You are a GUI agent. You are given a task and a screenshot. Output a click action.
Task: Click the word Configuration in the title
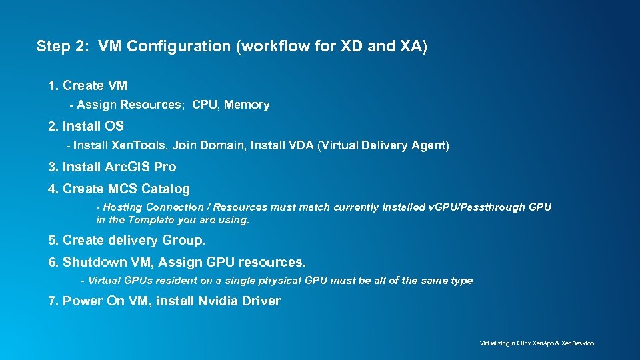(169, 46)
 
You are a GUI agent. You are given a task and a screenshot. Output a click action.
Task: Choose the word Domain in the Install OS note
(224, 145)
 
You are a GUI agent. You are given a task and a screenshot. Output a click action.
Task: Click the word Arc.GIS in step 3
(127, 167)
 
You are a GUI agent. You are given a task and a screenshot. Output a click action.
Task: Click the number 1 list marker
(53, 85)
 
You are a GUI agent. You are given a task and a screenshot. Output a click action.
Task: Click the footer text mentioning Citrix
(537, 343)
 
